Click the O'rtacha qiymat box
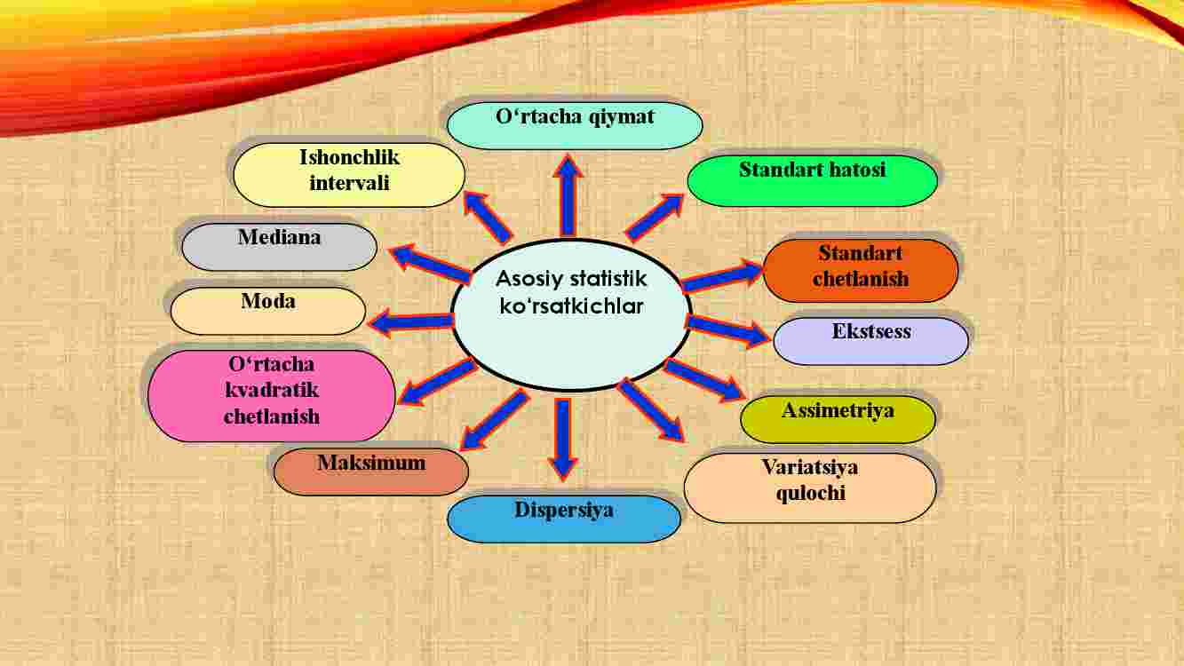575,125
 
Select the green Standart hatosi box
813,180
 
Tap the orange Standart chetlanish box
861,271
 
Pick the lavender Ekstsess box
871,341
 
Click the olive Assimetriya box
838,419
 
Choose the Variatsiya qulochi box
810,488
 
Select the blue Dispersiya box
564,519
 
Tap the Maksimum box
371,472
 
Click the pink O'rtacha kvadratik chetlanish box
272,395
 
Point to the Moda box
268,311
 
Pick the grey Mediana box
279,247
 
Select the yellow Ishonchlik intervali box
349,175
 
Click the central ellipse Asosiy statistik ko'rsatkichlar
571,315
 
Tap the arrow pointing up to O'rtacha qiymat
568,195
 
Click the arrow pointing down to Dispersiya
563,439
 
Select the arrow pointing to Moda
410,321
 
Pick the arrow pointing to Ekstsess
727,331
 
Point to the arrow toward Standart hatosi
655,218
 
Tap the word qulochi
810,494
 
